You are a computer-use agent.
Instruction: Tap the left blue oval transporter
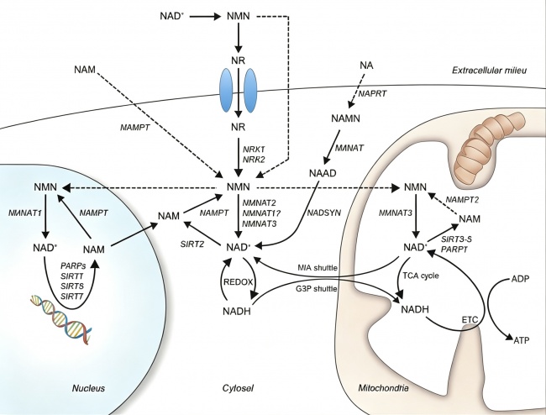point(226,90)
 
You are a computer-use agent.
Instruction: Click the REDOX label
point(238,282)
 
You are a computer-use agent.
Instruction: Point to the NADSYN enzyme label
point(324,213)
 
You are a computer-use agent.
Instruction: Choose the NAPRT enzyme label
point(372,93)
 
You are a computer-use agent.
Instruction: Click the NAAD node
point(323,173)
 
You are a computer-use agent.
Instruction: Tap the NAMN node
point(345,118)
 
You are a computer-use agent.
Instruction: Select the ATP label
point(522,339)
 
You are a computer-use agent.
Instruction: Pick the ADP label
point(521,279)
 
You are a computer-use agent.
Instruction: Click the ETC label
point(470,319)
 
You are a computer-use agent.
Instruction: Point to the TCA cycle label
point(421,276)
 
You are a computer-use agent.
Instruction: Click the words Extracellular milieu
point(489,71)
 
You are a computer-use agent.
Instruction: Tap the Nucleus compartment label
point(88,388)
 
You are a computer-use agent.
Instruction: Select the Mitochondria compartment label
point(383,388)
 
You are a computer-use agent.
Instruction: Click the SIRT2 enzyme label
point(192,244)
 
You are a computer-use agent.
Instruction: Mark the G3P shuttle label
point(317,289)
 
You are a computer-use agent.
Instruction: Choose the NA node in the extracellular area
point(366,65)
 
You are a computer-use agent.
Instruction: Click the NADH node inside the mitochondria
point(415,309)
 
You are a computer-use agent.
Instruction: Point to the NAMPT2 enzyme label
point(462,200)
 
